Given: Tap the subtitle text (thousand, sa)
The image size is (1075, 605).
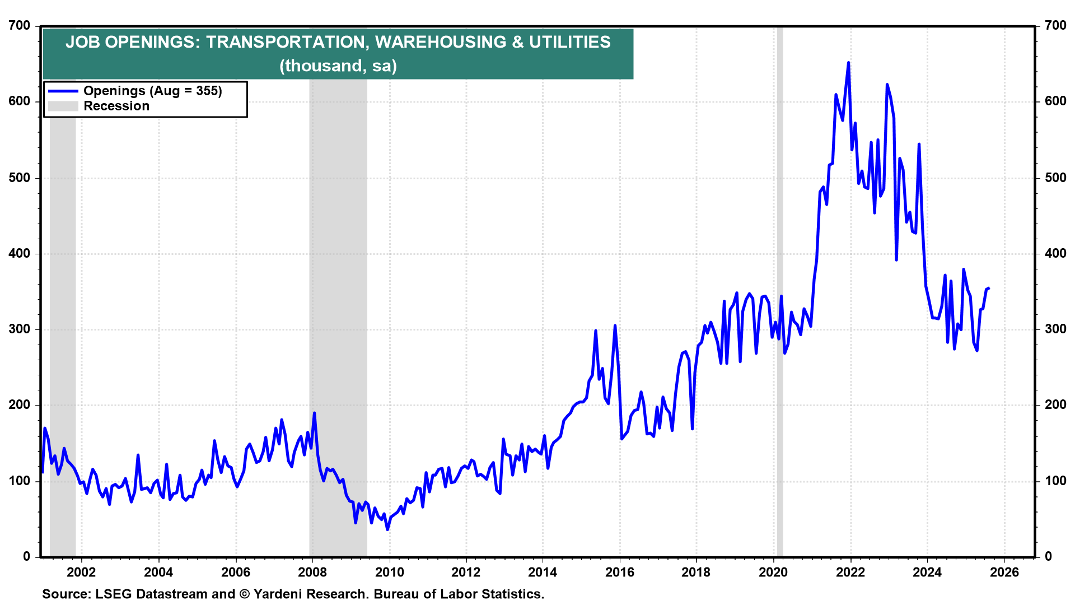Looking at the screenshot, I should pyautogui.click(x=338, y=66).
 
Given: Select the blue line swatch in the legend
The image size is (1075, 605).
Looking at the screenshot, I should pyautogui.click(x=63, y=91).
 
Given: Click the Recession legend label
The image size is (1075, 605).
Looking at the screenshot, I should pyautogui.click(x=116, y=106).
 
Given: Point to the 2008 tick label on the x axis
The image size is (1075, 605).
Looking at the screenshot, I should pyautogui.click(x=312, y=572).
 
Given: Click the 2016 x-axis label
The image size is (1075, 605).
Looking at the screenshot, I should pyautogui.click(x=620, y=572).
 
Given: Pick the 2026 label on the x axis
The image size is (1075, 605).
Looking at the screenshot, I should pyautogui.click(x=1004, y=572).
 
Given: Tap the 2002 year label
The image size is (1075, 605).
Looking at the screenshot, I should pyautogui.click(x=81, y=572).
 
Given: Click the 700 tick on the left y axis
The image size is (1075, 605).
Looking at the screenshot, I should pyautogui.click(x=20, y=25).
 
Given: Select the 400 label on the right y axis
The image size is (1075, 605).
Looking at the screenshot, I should pyautogui.click(x=1055, y=253).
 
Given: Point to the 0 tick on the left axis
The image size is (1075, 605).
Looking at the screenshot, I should pyautogui.click(x=27, y=556).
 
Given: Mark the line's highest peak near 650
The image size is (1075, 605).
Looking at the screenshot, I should pyautogui.click(x=848, y=63).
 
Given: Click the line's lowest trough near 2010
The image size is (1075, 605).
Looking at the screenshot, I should pyautogui.click(x=387, y=529).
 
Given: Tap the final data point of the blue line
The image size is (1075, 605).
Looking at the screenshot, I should pyautogui.click(x=989, y=288).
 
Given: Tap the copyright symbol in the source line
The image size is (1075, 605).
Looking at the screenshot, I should pyautogui.click(x=244, y=594).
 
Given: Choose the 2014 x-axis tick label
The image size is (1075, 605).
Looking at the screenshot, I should pyautogui.click(x=543, y=572).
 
